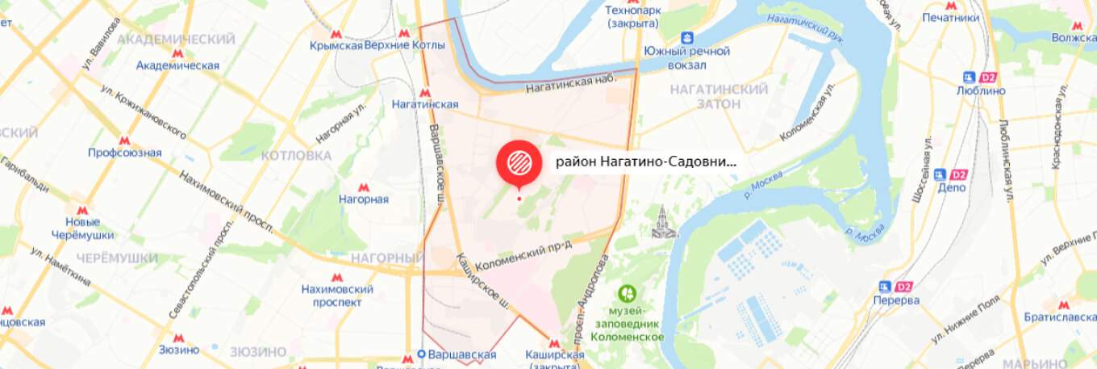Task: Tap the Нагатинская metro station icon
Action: (425, 92)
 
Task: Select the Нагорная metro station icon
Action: (364, 187)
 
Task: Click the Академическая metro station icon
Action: (177, 53)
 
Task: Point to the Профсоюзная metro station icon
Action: (124, 140)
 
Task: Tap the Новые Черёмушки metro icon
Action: (81, 210)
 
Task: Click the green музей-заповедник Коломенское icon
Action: (626, 292)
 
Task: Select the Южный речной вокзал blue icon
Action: (686, 37)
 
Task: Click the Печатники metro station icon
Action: (951, 5)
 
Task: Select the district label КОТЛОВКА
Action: (297, 155)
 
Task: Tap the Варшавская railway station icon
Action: (421, 354)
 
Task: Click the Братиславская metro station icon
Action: (1063, 306)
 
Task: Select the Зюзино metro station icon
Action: (178, 338)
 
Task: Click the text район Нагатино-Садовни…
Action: (646, 161)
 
